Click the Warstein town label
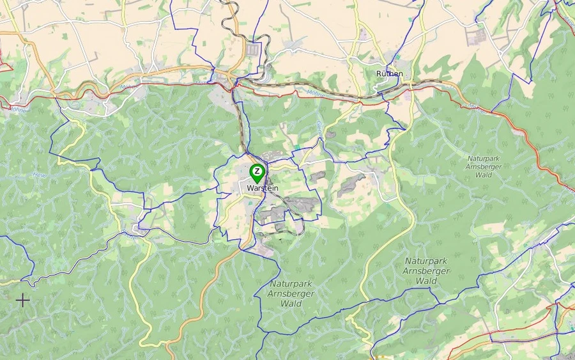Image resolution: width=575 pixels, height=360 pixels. pyautogui.click(x=263, y=189)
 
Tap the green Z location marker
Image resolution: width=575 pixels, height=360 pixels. pyautogui.click(x=257, y=173)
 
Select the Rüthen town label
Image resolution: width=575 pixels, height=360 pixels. pyautogui.click(x=390, y=74)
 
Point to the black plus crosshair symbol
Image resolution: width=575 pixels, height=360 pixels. pyautogui.click(x=22, y=299)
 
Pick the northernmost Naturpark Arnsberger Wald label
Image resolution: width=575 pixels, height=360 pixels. pyautogui.click(x=489, y=166)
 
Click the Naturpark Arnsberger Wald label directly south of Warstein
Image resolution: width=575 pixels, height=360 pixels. pyautogui.click(x=291, y=293)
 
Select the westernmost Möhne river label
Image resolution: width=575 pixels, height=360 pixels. pyautogui.click(x=17, y=109)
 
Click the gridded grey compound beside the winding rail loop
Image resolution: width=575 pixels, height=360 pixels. pyautogui.click(x=253, y=49)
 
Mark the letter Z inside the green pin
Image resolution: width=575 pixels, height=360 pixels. pyautogui.click(x=257, y=171)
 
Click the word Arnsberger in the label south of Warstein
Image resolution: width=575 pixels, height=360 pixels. pyautogui.click(x=291, y=293)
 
